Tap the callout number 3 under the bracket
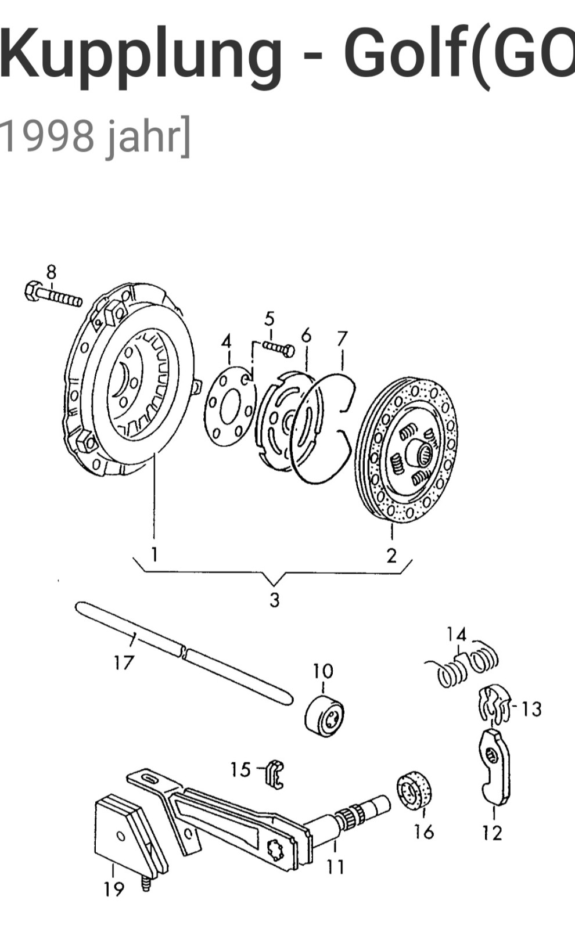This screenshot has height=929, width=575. click(x=274, y=599)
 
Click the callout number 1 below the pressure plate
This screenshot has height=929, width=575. click(x=154, y=554)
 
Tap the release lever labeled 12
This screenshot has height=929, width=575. click(x=495, y=766)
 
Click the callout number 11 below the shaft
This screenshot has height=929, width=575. click(x=335, y=866)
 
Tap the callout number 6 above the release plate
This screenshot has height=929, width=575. click(x=306, y=335)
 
